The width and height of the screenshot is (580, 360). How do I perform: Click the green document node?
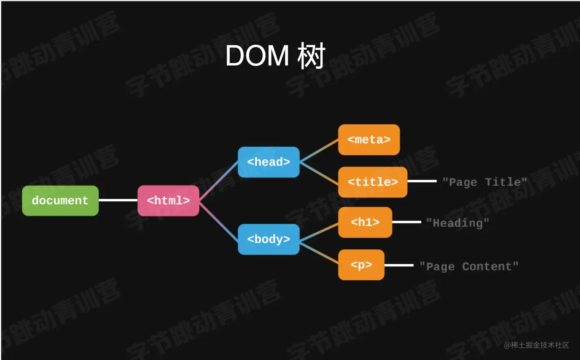[x=60, y=201]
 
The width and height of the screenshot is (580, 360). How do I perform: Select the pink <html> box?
[x=168, y=201]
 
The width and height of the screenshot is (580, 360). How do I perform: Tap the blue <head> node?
[x=269, y=162]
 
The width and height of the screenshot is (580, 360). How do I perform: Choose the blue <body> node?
[x=269, y=239]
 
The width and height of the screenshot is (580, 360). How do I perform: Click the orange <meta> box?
[x=369, y=140]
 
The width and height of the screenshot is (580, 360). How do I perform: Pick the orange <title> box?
[x=373, y=182]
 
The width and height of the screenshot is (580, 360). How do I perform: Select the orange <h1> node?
[x=365, y=222]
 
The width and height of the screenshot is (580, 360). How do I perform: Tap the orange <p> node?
[x=361, y=265]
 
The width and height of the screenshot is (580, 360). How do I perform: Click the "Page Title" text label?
[x=484, y=182]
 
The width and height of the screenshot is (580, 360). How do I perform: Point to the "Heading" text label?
[x=458, y=223]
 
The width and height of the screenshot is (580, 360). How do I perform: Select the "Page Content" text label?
[x=469, y=266]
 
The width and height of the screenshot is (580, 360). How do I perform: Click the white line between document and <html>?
[x=118, y=200]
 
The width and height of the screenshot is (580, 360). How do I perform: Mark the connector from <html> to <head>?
[x=219, y=181]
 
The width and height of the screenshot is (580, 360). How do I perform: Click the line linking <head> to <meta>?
[x=319, y=151]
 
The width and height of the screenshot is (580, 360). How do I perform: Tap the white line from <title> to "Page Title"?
[x=422, y=181]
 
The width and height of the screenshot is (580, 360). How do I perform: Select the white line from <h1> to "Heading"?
[x=406, y=222]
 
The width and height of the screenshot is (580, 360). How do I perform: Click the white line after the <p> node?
[x=399, y=265]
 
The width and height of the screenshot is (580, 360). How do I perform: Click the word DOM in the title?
[x=257, y=56]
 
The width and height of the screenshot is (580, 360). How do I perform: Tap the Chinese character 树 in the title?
[x=311, y=56]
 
